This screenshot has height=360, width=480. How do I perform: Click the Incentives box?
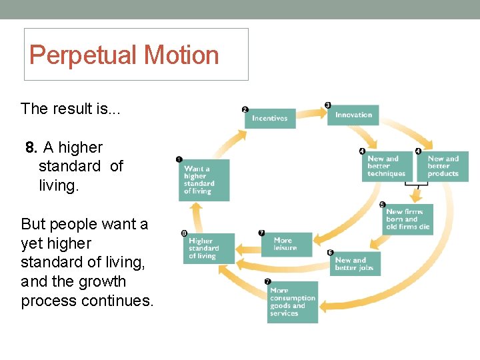(269, 118)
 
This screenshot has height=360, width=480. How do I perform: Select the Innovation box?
(353, 115)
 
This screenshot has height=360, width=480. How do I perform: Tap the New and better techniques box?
(386, 166)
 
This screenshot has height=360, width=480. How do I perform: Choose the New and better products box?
(443, 166)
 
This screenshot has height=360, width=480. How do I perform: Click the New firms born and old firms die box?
(408, 219)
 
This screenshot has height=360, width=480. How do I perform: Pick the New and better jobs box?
(355, 264)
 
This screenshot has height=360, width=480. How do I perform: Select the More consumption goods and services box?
(293, 302)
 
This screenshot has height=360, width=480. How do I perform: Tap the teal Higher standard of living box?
(209, 248)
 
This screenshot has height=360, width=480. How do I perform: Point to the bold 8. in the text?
(31, 147)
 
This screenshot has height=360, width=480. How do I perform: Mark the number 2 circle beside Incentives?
(245, 109)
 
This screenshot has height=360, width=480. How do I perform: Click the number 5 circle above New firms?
(382, 205)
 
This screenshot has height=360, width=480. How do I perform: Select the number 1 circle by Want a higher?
(179, 159)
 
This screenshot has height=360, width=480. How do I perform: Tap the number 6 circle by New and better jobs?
(330, 253)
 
